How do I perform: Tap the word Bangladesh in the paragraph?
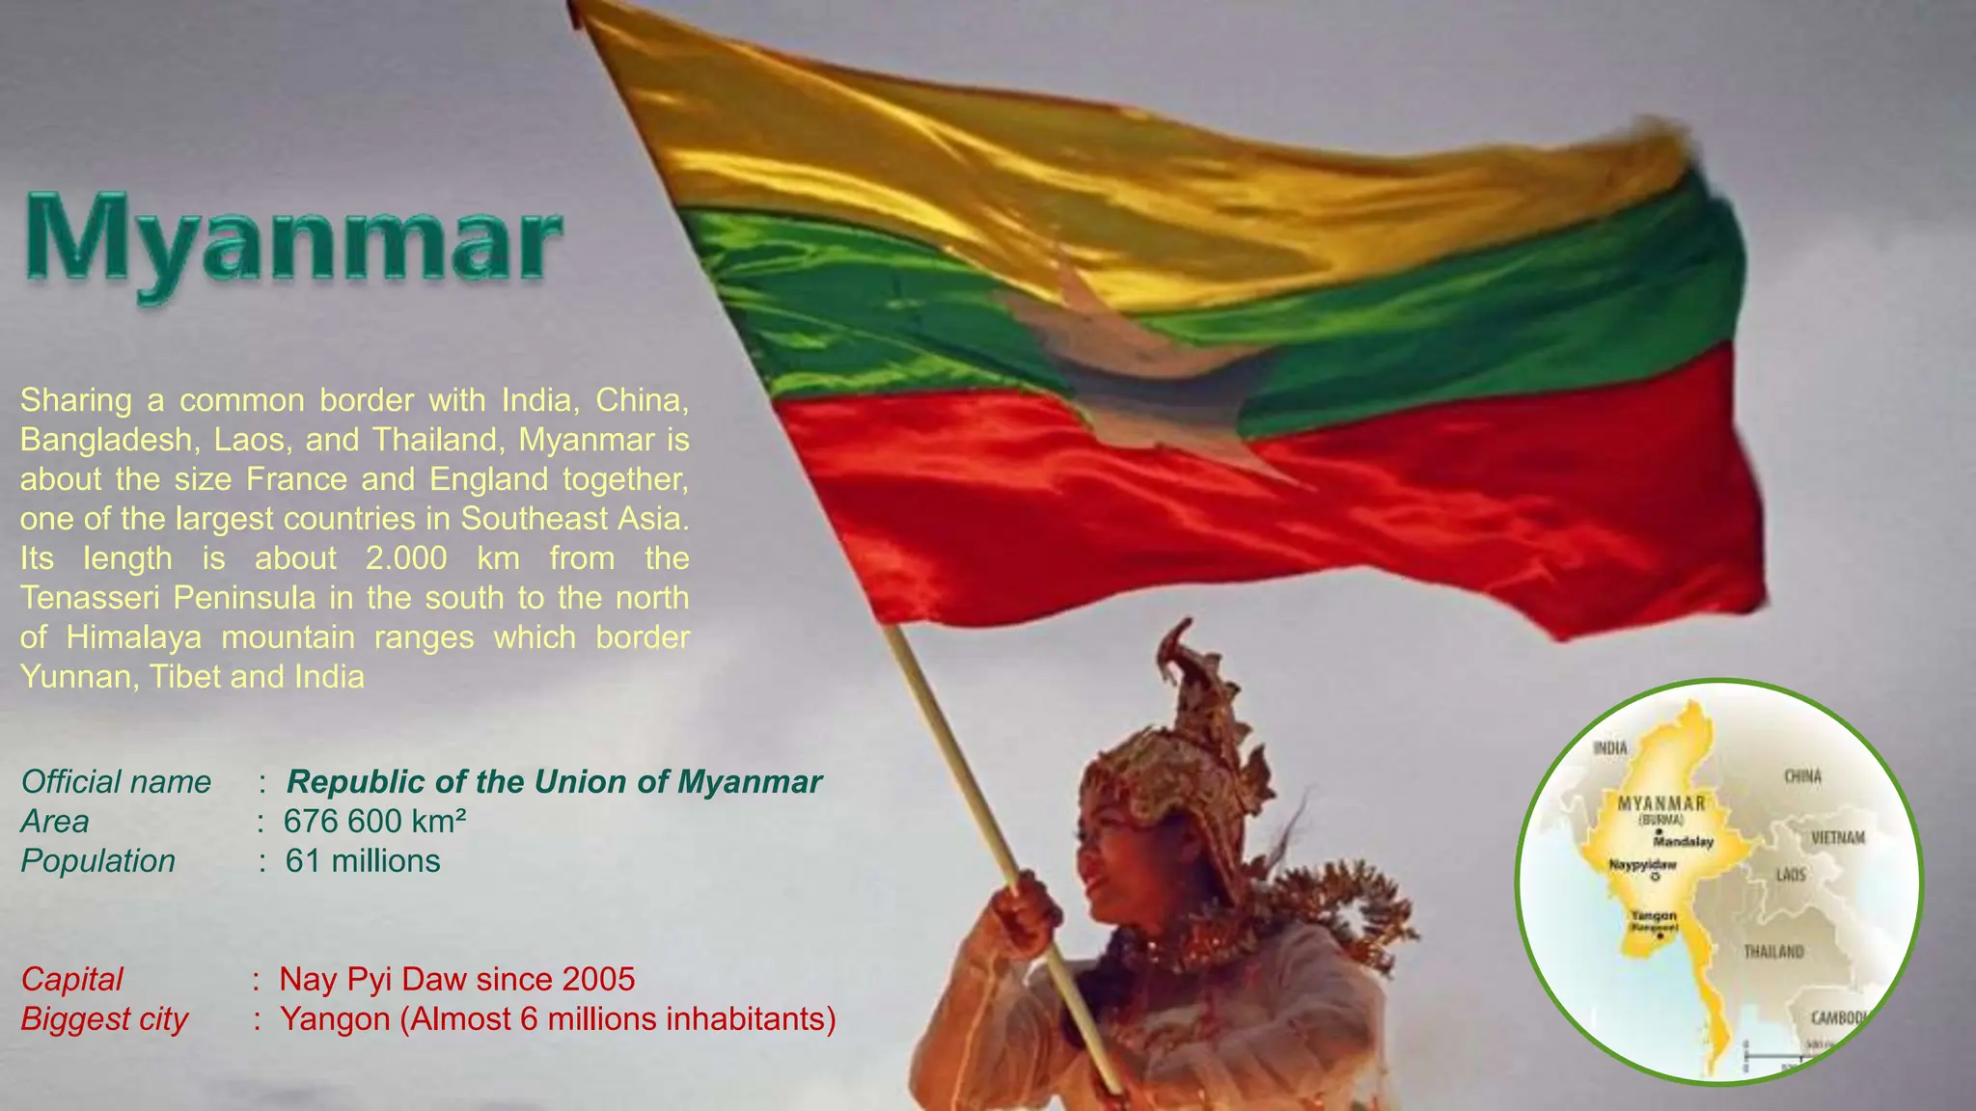(x=107, y=440)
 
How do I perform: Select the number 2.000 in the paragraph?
(x=406, y=558)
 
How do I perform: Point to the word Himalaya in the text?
(x=134, y=637)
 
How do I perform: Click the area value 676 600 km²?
(x=375, y=822)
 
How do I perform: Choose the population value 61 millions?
(x=363, y=861)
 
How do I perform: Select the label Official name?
(x=116, y=782)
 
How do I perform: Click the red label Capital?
(x=72, y=980)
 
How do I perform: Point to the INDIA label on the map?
(x=1609, y=747)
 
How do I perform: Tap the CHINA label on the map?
(x=1802, y=776)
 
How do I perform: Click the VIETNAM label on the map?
(x=1838, y=837)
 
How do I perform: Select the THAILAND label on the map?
(x=1773, y=952)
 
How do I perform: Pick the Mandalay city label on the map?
(x=1684, y=842)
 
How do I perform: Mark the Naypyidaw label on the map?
(x=1642, y=865)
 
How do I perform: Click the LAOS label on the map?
(x=1791, y=875)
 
